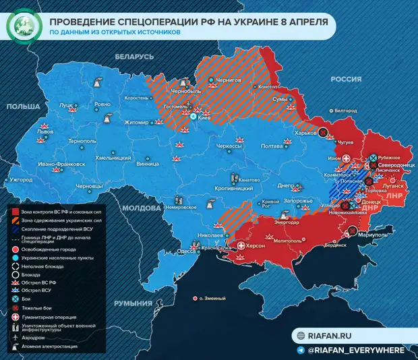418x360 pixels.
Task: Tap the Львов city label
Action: pyautogui.click(x=44, y=133)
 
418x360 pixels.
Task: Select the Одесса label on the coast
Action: pyautogui.click(x=186, y=251)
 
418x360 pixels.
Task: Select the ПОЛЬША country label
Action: pyautogui.click(x=23, y=107)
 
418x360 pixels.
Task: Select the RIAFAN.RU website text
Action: pyautogui.click(x=330, y=336)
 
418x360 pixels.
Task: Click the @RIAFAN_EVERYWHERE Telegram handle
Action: pyautogui.click(x=356, y=350)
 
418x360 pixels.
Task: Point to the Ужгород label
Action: pyautogui.click(x=21, y=180)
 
